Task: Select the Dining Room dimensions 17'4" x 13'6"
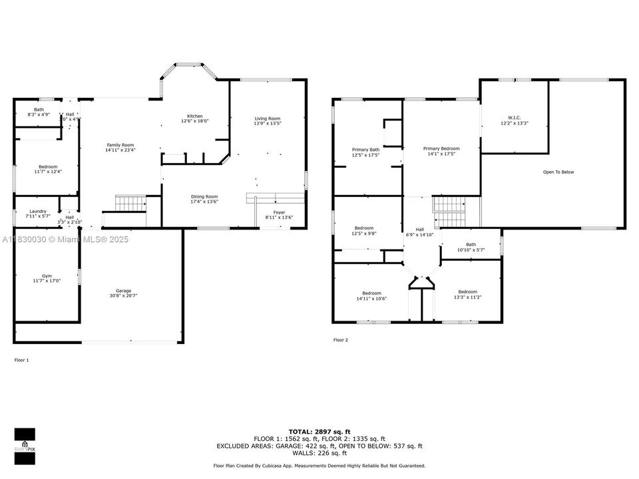point(204,202)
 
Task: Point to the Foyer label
point(279,212)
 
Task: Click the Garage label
point(123,290)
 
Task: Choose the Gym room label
point(46,275)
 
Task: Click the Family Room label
point(120,145)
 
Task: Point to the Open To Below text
point(558,172)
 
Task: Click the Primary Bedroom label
point(441,148)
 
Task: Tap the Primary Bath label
point(365,150)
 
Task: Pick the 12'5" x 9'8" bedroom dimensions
point(363,234)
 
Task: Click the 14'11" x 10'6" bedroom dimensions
point(371,299)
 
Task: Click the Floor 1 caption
point(22,360)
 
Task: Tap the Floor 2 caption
point(341,340)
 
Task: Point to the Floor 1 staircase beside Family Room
point(130,203)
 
